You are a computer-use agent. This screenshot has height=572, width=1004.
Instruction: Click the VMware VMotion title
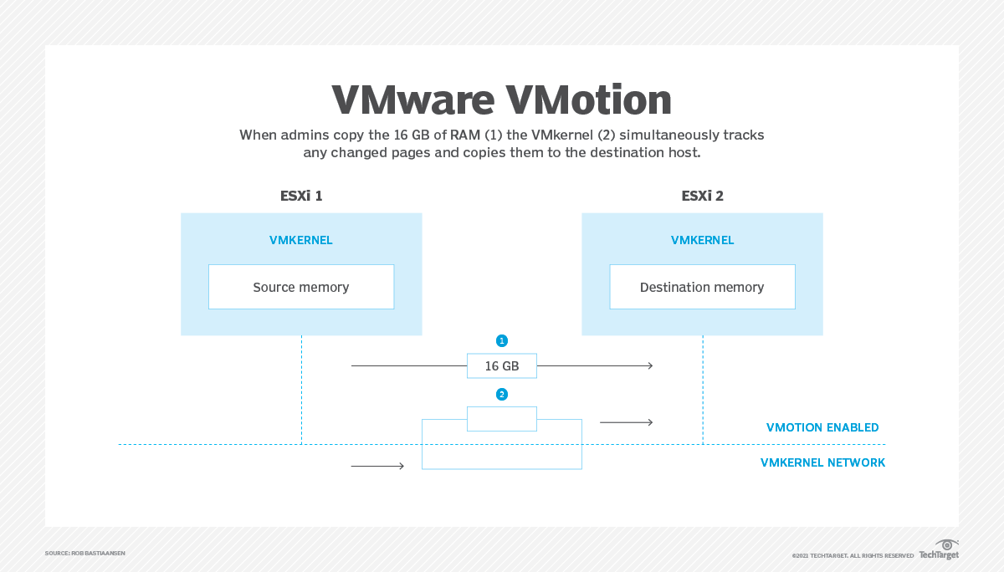[501, 100]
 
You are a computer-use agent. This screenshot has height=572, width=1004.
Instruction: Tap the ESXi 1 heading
[301, 197]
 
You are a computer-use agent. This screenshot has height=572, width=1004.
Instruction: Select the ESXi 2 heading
[702, 197]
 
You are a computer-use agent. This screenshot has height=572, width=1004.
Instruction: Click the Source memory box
[301, 287]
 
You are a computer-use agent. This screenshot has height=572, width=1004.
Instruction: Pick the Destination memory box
[702, 287]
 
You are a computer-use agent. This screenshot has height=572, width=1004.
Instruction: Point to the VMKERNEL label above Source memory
[301, 240]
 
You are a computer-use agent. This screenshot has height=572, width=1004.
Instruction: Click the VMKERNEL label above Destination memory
[702, 240]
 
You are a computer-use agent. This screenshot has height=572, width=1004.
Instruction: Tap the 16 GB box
[502, 365]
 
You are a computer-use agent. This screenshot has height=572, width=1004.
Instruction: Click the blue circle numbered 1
[502, 340]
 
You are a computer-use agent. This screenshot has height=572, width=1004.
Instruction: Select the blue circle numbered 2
[502, 394]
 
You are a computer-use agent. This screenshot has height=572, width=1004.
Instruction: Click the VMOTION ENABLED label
[822, 427]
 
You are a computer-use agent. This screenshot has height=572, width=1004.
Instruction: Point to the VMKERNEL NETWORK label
[822, 462]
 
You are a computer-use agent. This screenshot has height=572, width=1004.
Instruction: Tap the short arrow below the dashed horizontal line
[378, 466]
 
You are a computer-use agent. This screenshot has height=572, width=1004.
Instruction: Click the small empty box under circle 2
[502, 418]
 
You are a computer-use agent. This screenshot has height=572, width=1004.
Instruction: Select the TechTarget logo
[939, 550]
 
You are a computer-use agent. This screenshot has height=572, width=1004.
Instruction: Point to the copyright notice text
[853, 555]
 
